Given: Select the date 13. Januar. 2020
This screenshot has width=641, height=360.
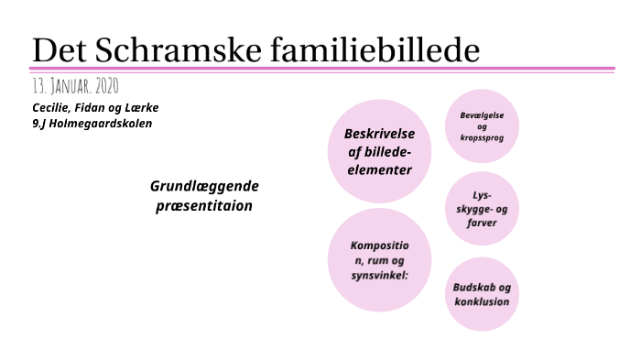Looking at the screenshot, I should [x=74, y=86].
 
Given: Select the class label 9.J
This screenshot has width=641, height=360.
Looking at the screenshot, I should [x=40, y=123].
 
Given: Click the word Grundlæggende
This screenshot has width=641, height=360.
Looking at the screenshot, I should [x=204, y=187].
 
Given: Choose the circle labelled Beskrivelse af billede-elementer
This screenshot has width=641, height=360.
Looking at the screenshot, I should [x=379, y=151].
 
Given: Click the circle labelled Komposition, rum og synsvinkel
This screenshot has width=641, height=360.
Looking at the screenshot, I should [x=379, y=260].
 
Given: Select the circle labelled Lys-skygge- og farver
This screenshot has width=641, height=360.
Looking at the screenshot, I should [x=482, y=209].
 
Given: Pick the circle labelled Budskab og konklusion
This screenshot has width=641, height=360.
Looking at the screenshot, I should [x=482, y=294].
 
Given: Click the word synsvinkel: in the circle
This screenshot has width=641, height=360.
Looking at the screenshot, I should [x=379, y=275].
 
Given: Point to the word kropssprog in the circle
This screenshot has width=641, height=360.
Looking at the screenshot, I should [x=483, y=137].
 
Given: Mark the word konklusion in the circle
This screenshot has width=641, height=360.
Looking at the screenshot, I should [x=482, y=301].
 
